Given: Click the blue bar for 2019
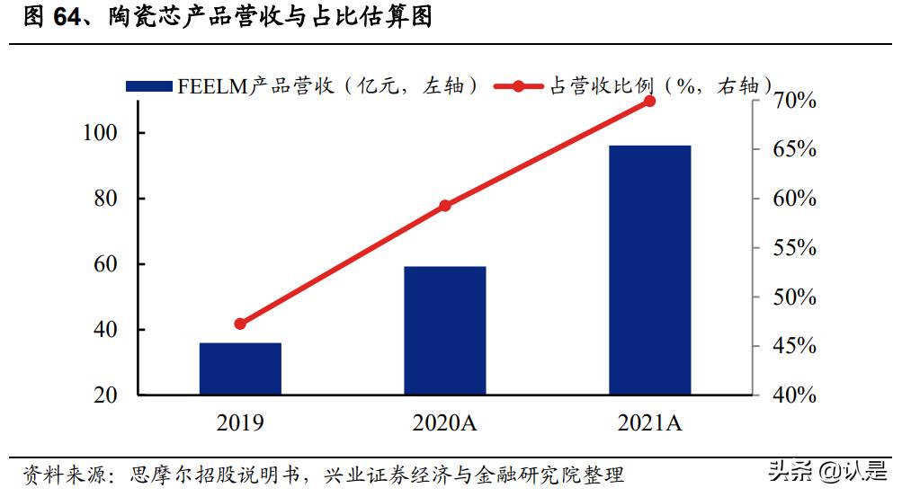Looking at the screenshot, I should point(240,368).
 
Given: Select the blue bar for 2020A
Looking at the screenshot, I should point(444,331).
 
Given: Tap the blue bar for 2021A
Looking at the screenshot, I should point(649,270).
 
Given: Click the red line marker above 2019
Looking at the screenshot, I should point(240,324).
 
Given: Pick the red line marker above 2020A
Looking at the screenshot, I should point(444,206).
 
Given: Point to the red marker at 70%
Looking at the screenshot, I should point(649,101).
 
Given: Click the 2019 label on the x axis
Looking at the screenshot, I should point(240,422).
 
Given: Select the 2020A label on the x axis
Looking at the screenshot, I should point(444,422).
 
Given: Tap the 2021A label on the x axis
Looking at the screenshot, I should point(649,422).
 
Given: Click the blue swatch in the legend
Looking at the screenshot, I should point(148,86).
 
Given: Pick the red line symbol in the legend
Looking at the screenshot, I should point(519,86).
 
